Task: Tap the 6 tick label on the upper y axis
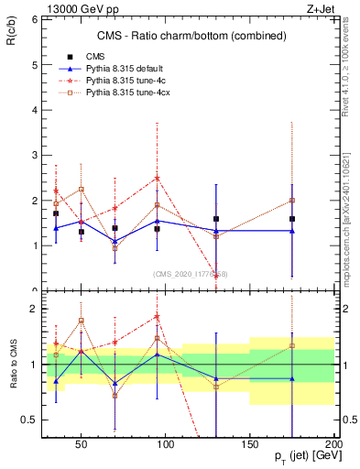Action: click(33, 19)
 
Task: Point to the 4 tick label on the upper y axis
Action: click(33, 110)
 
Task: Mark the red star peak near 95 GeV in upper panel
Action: click(158, 179)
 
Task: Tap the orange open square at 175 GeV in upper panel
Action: click(291, 200)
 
